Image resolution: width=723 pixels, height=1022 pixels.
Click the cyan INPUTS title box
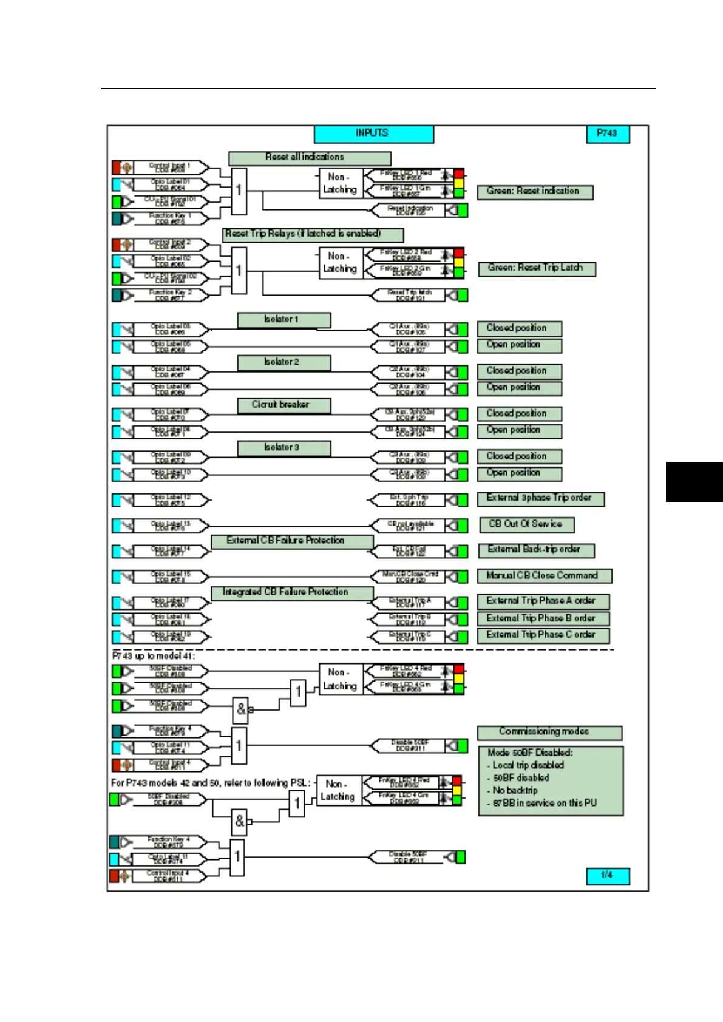pos(373,134)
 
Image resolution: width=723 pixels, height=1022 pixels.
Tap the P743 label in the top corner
pos(608,134)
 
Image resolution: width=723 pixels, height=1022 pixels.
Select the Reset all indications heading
pos(309,158)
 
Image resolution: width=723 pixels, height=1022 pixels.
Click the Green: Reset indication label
pos(534,192)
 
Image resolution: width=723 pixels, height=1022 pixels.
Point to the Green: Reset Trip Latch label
pos(537,268)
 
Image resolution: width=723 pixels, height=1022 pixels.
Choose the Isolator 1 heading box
pos(283,319)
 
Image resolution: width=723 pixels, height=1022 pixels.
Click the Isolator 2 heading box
pos(283,362)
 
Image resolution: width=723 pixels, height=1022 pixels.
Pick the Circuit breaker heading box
pos(283,405)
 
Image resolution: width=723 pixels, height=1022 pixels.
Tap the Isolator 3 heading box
pos(283,448)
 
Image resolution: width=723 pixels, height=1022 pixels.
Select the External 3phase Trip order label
pos(540,498)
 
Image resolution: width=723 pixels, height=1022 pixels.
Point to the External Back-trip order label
pos(535,550)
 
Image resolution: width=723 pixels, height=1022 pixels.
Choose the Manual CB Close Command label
pos(544,576)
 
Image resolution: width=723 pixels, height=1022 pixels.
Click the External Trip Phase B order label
pos(543,618)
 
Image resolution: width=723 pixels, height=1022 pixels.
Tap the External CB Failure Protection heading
pos(291,541)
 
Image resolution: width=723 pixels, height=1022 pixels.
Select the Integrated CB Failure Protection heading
pos(291,592)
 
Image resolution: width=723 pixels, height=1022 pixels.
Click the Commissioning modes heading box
pos(549,732)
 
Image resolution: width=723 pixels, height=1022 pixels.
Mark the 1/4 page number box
pos(608,875)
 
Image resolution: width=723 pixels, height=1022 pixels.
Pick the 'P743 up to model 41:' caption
pos(154,656)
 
